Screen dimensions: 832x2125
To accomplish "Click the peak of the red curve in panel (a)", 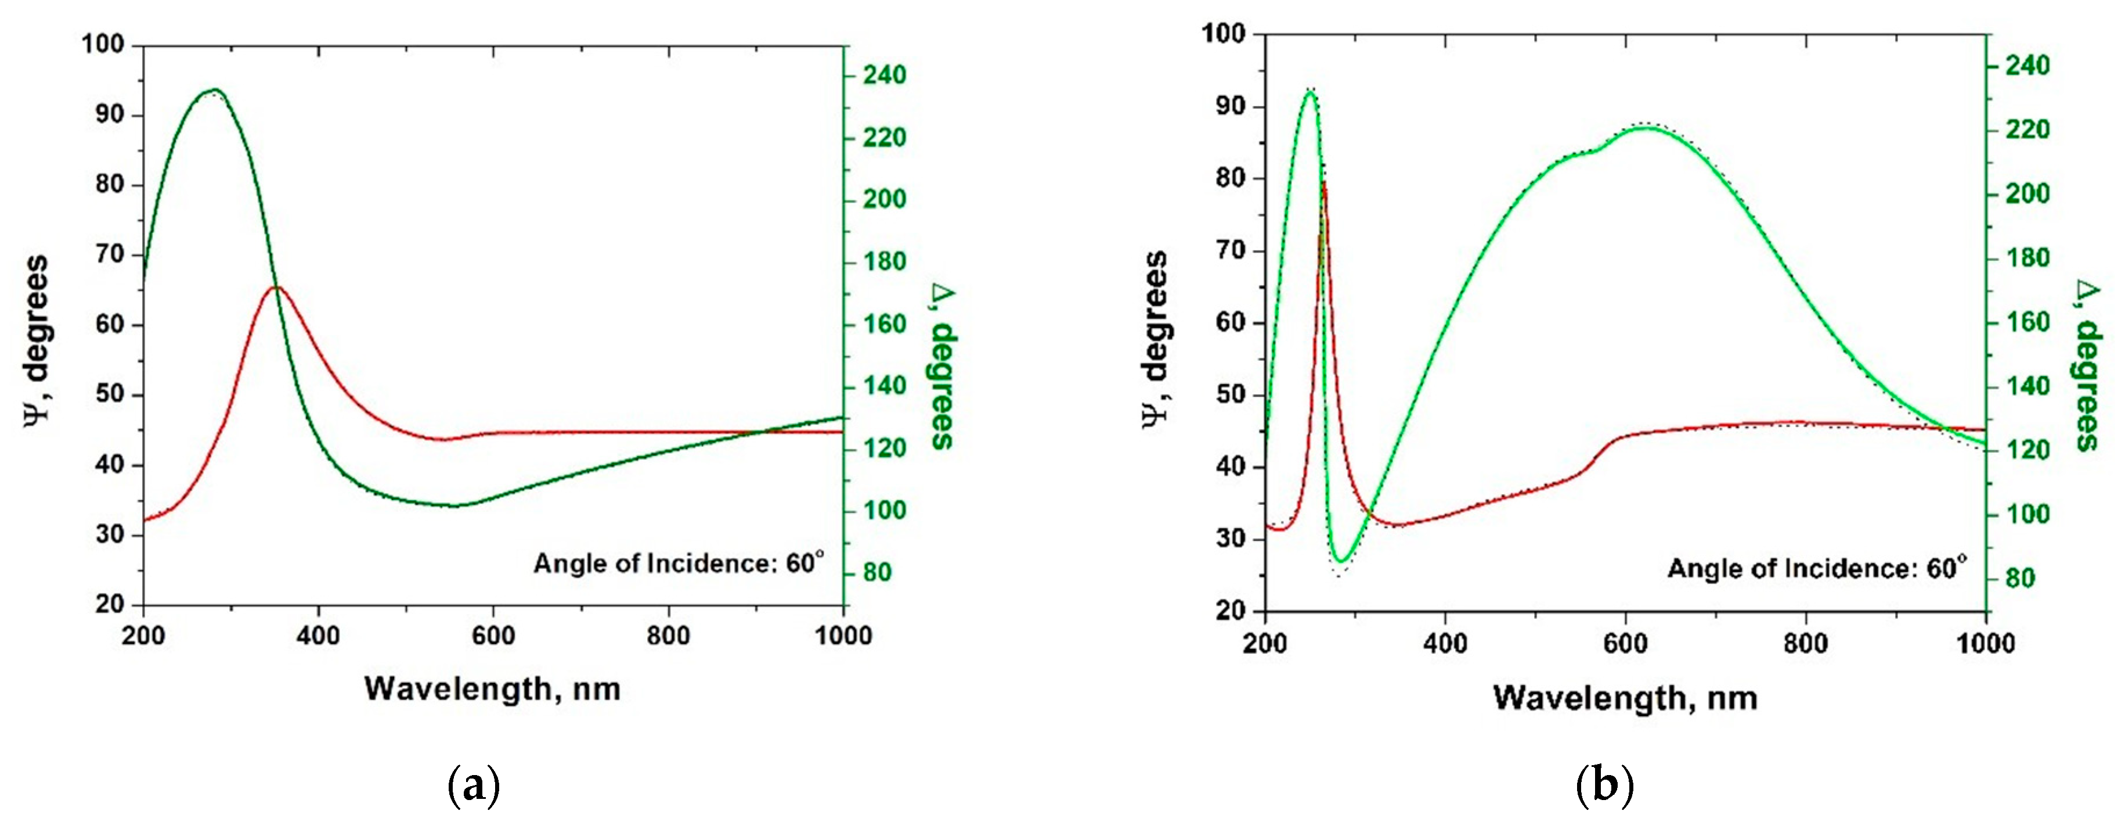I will tap(277, 287).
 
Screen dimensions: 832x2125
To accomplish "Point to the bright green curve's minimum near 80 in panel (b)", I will tap(1342, 561).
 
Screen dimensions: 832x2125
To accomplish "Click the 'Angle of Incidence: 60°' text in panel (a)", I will tap(678, 563).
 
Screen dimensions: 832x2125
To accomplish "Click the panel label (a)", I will tap(472, 786).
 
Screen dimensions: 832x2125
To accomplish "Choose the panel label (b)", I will tap(1604, 786).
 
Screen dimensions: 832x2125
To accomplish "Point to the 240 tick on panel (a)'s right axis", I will tap(885, 75).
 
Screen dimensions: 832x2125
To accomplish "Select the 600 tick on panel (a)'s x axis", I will tap(493, 636).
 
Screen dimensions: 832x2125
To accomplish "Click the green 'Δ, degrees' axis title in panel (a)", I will tap(943, 367).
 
